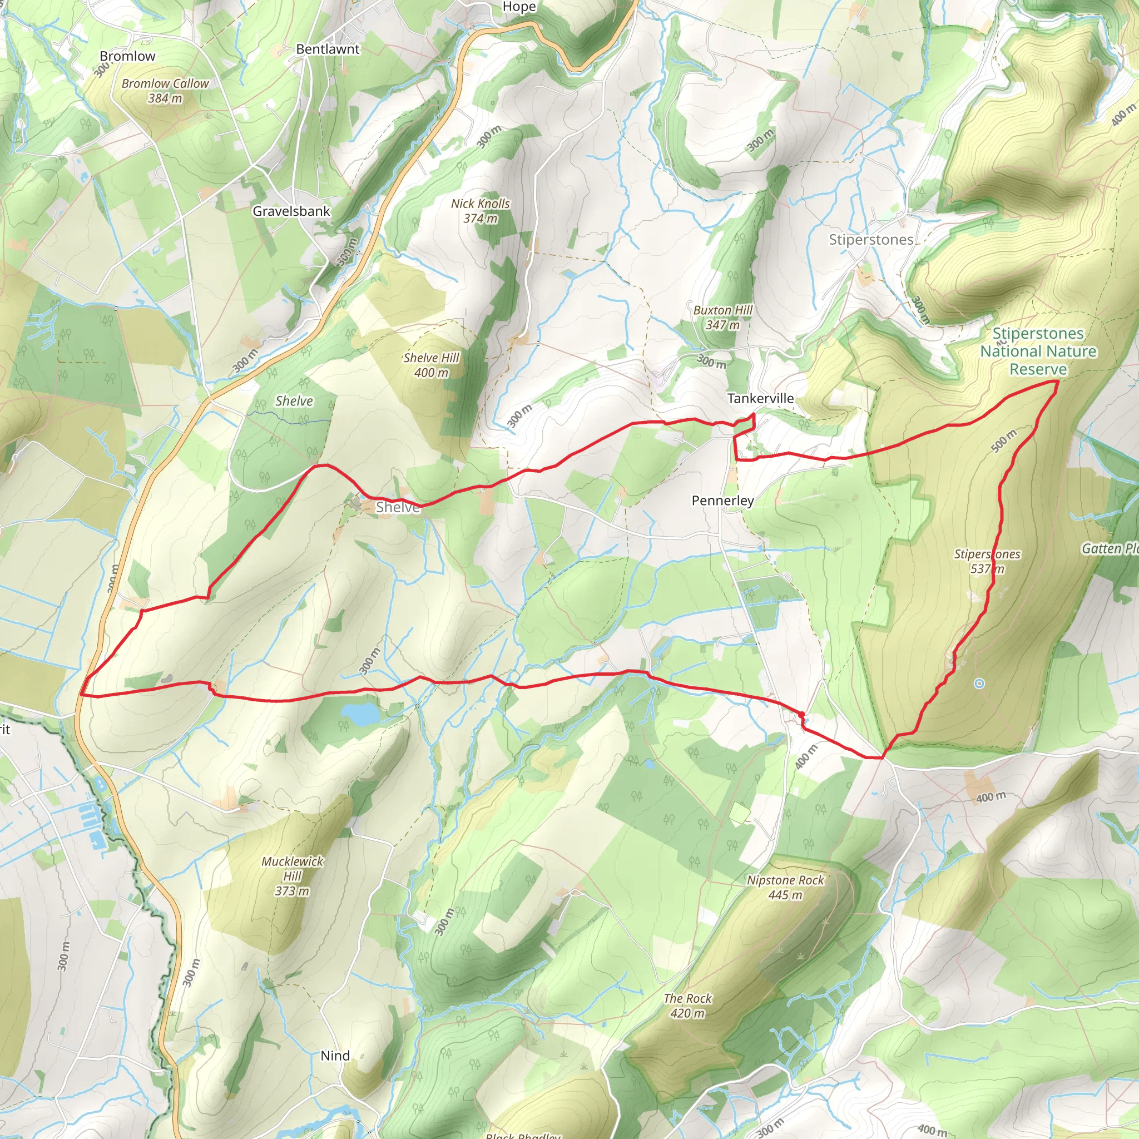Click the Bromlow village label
pos(127,57)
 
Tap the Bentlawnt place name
pos(327,49)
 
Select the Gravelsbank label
pos(291,211)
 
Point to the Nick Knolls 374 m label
pos(481,210)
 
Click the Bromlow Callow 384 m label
pos(165,91)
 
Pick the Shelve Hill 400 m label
pos(431,365)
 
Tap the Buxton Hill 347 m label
pos(723,317)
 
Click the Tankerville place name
pos(760,399)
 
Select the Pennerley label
pos(722,501)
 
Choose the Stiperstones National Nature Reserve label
pos(1038,351)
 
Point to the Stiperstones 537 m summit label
pos(987,561)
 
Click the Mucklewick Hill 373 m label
pos(293,876)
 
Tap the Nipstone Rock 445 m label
pos(785,887)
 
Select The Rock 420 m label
pos(687,1006)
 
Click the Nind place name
pos(335,1056)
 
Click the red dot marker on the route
pos(801,715)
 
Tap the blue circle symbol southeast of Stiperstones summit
pos(979,684)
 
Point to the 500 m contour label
pos(1003,441)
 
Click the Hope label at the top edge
pos(519,7)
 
